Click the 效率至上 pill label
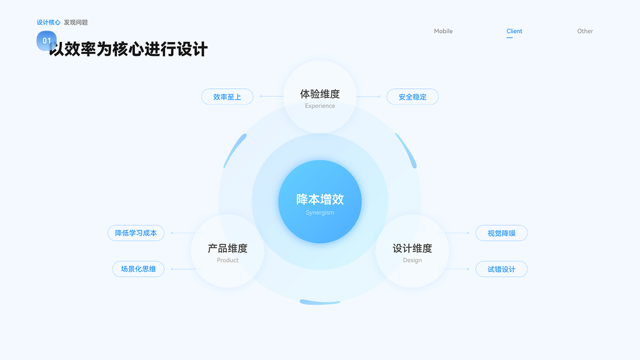227,97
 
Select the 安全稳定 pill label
412,97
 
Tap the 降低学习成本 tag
136,233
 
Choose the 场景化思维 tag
138,269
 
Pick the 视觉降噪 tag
501,233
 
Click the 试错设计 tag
501,269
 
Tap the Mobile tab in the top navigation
443,31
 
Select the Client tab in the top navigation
514,31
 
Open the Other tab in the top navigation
585,31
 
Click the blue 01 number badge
46,40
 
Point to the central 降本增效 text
320,200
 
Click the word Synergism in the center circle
320,212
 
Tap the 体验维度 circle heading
320,94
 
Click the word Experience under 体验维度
320,106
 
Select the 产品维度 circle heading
227,248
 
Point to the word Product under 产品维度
227,260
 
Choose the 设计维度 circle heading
412,248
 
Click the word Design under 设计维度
412,260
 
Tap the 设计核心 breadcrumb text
49,22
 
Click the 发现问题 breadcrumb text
76,22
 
